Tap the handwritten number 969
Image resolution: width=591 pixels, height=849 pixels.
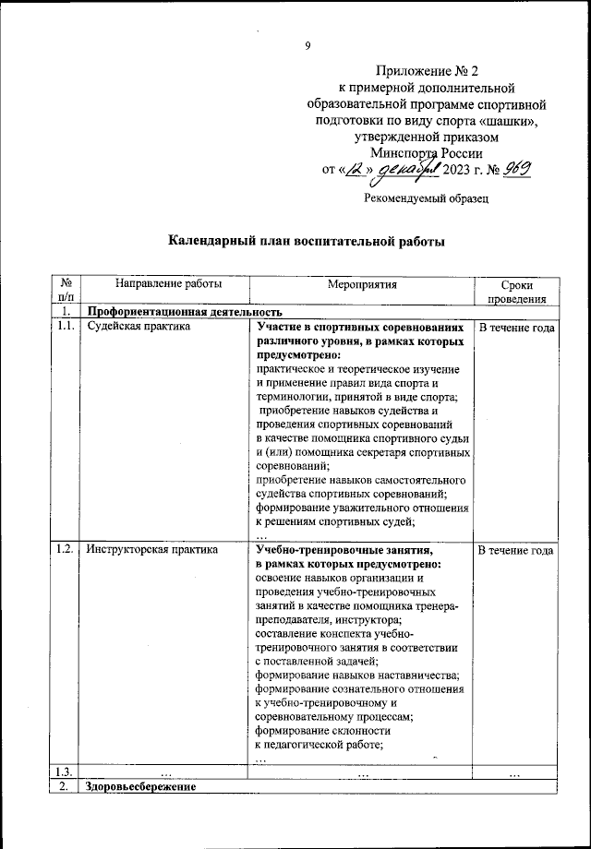519,170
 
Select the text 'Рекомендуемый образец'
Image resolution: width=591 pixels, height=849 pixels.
425,197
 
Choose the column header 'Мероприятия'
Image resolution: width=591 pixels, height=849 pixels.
361,285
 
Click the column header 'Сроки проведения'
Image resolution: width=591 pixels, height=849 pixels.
516,293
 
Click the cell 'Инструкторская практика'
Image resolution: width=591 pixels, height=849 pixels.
152,550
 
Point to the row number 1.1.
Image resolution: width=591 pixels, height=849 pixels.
65,327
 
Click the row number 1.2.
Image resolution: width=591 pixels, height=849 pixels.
65,550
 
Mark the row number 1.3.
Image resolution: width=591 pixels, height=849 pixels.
65,772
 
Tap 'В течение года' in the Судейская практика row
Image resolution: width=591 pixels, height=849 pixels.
516,328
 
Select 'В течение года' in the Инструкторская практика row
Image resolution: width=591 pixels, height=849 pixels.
516,550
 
